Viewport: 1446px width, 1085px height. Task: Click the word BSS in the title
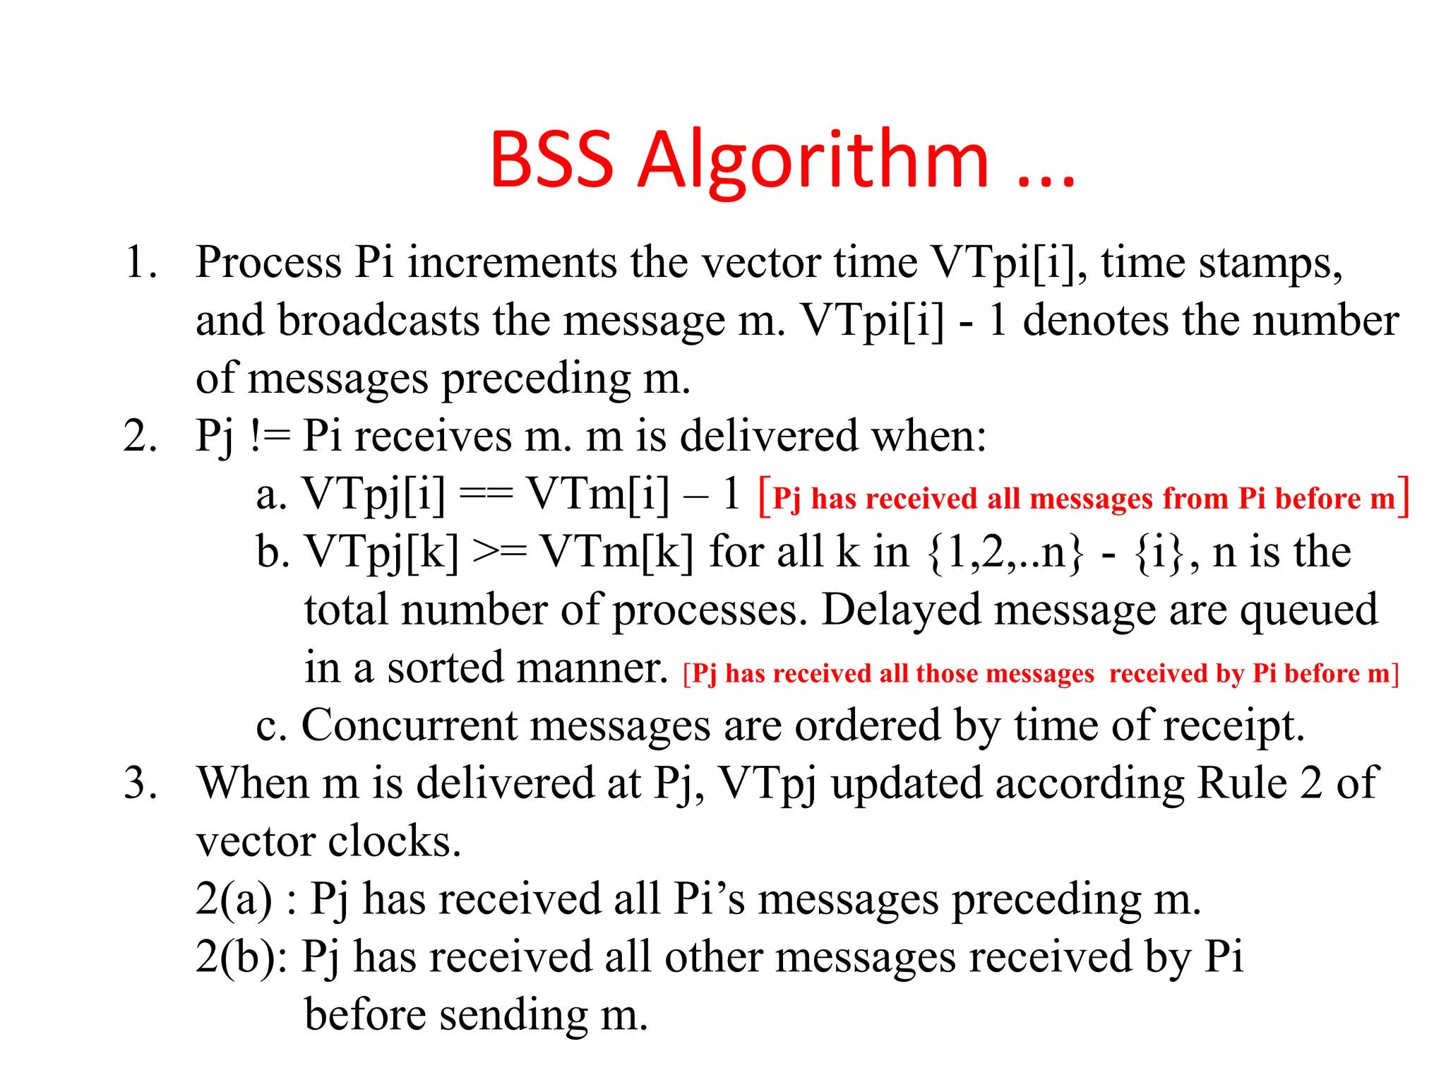(551, 161)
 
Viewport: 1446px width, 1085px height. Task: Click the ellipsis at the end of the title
(1046, 177)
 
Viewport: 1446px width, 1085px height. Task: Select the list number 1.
(139, 263)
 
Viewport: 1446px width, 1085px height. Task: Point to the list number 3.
(139, 783)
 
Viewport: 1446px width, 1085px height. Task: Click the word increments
(512, 263)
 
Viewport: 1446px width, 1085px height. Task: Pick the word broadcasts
(378, 321)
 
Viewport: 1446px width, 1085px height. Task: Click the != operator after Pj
(270, 437)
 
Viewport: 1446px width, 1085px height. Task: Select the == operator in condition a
(486, 494)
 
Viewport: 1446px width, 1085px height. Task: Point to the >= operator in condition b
(499, 552)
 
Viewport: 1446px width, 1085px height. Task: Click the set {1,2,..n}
(1005, 552)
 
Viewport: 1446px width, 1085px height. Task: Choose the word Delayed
(901, 610)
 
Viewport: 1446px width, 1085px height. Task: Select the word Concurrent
(410, 725)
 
